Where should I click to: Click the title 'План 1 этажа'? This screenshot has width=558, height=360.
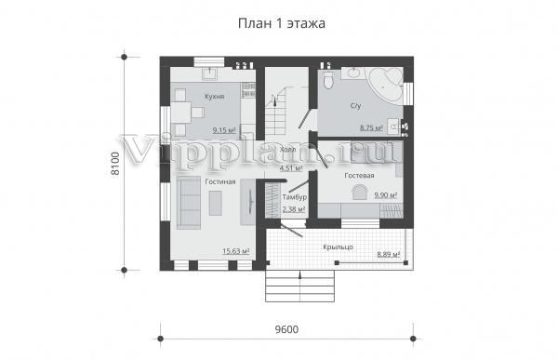(281, 23)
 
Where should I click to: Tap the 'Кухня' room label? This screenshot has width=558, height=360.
(214, 97)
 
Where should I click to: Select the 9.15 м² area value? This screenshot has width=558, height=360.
(224, 130)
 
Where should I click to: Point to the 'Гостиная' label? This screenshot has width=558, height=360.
(220, 182)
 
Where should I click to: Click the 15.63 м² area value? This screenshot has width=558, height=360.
(235, 251)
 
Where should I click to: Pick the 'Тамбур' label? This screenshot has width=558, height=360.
(295, 197)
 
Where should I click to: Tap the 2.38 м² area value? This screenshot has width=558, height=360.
(294, 209)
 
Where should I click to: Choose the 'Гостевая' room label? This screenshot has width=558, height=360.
(359, 176)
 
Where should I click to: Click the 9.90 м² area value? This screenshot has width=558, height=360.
(385, 195)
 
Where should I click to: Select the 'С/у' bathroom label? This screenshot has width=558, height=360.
(355, 106)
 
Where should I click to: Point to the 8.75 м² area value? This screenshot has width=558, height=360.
(371, 128)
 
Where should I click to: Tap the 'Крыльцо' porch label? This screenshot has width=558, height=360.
(338, 247)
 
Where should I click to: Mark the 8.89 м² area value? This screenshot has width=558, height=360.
(389, 254)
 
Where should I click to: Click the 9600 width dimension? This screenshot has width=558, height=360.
(286, 329)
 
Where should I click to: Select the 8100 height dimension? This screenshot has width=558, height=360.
(115, 164)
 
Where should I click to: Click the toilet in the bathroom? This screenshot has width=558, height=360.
(327, 80)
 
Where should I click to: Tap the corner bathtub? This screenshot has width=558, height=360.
(386, 86)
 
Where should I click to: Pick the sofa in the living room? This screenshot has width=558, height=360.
(189, 203)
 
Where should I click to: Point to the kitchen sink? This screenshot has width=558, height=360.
(210, 73)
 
